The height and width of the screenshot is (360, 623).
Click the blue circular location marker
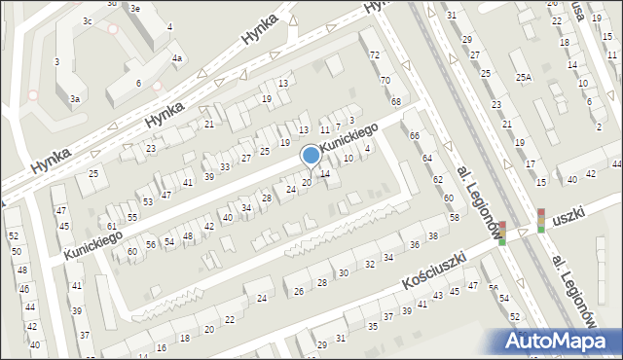(x=311, y=155)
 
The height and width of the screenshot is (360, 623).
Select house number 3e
(x=135, y=8)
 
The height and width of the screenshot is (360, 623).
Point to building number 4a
(x=177, y=58)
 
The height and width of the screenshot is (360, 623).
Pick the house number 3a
(x=74, y=98)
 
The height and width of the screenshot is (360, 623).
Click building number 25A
(x=524, y=77)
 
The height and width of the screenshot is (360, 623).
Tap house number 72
(x=375, y=55)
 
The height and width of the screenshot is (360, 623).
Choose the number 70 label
(x=385, y=80)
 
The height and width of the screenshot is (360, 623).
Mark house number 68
(x=396, y=101)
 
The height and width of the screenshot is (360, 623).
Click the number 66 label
(x=414, y=135)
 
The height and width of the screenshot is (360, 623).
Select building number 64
(x=426, y=158)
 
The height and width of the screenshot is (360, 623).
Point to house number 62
(x=437, y=179)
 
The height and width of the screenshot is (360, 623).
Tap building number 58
(x=454, y=216)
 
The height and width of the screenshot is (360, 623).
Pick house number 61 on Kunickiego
(x=112, y=226)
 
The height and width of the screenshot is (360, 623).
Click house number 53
(x=148, y=201)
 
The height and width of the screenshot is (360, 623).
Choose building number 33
(x=225, y=167)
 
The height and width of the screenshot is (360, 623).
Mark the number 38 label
(x=432, y=236)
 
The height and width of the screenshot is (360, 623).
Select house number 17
(x=530, y=164)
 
